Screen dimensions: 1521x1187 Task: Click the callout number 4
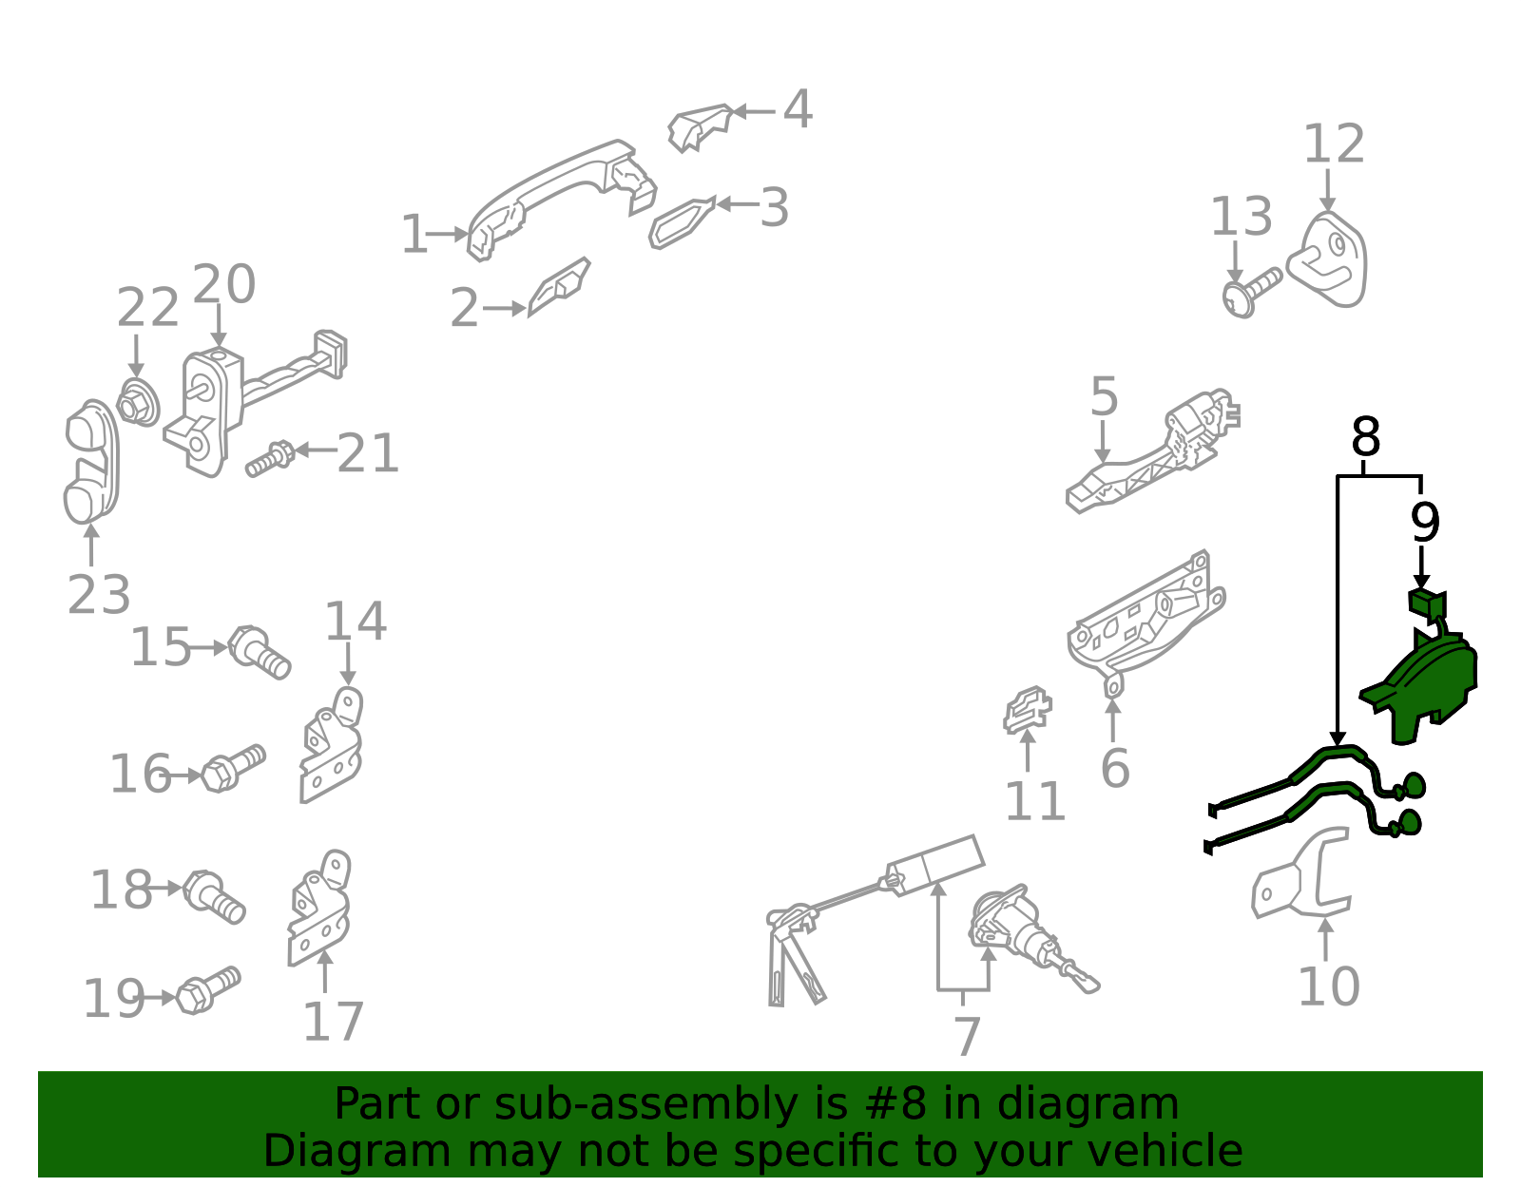798,110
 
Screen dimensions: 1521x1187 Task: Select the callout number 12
1334,144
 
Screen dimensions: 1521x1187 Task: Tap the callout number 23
99,595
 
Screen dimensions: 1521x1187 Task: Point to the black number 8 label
1366,437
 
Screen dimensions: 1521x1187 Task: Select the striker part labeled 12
1327,259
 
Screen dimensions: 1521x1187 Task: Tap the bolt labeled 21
270,458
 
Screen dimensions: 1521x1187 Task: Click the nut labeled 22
138,402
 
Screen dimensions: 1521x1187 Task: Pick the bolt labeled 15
259,652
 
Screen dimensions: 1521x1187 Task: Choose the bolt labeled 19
208,989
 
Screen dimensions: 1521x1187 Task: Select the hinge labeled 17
319,908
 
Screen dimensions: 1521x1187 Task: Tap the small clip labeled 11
1027,709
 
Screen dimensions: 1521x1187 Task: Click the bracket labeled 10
1300,873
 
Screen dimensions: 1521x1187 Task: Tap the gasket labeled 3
683,222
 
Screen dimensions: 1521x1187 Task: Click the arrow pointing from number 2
504,308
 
